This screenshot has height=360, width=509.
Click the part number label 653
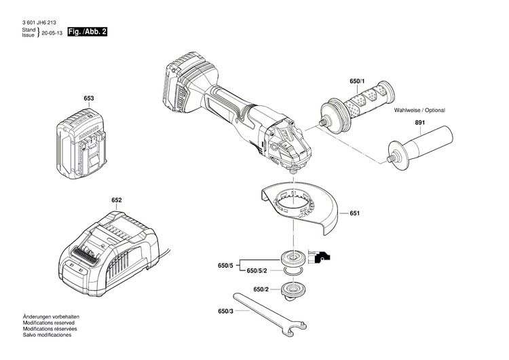(x=88, y=98)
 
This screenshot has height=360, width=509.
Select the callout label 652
(x=117, y=200)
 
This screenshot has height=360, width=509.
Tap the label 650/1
(x=357, y=82)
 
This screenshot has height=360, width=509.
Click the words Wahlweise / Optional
(x=424, y=109)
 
